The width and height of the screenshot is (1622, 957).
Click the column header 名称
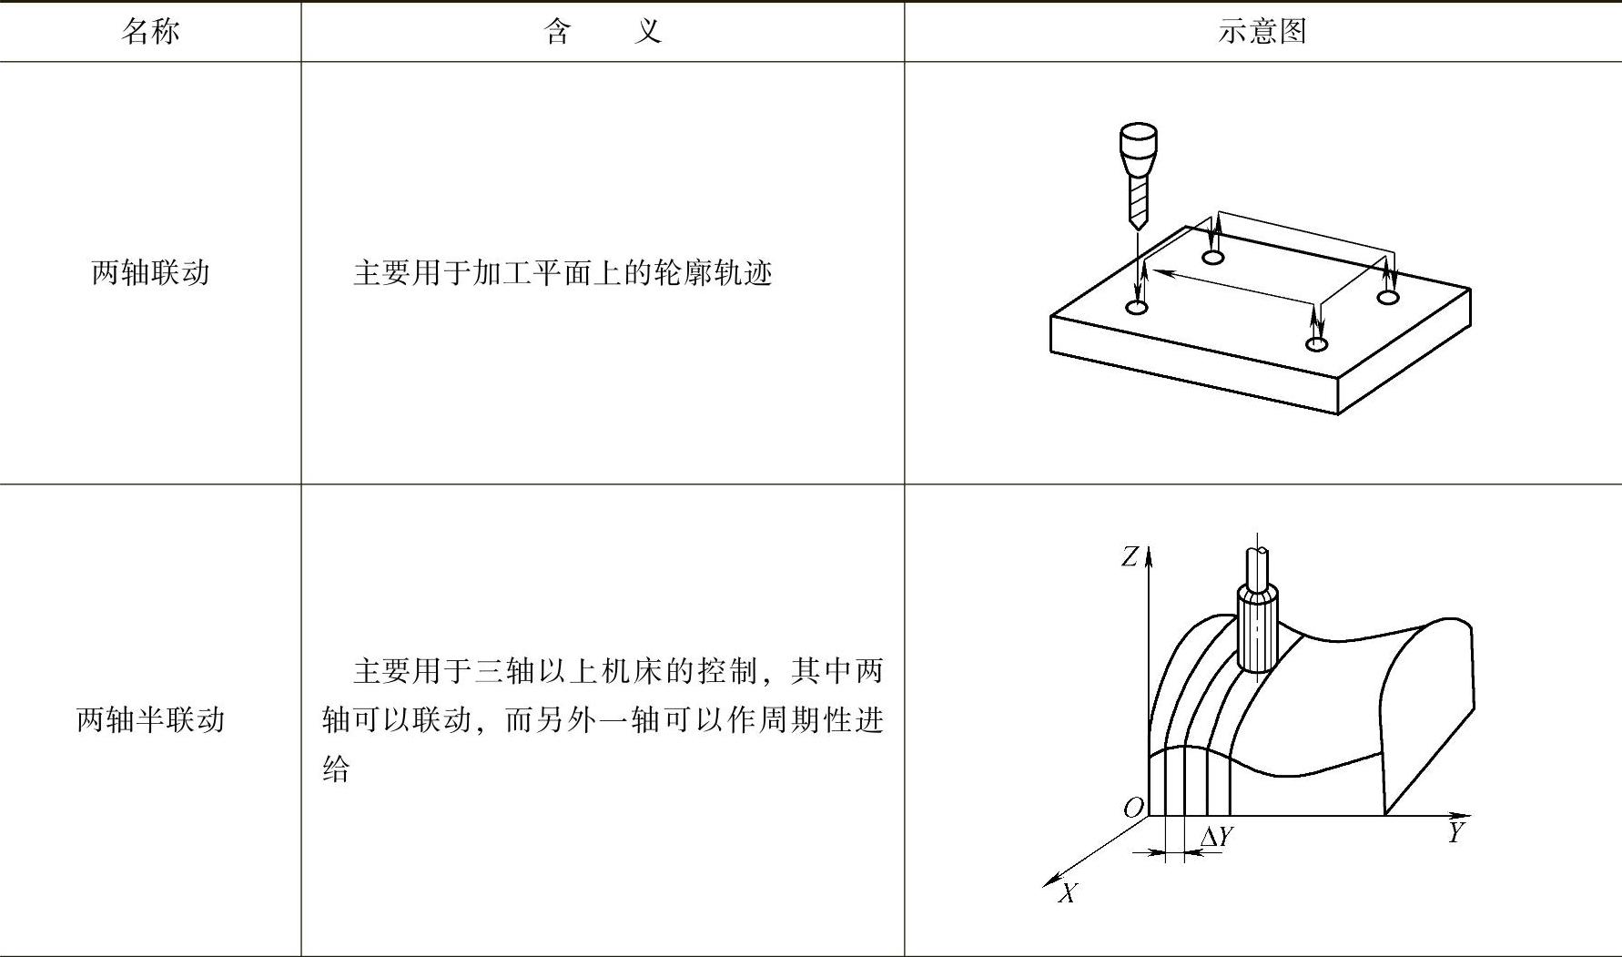point(150,32)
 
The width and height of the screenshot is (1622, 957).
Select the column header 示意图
point(1262,32)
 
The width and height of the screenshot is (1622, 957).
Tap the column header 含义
point(602,32)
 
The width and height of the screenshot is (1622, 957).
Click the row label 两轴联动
point(150,272)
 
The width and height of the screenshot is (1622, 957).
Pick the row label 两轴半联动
point(150,719)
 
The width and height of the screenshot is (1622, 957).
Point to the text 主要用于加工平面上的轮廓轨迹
point(562,272)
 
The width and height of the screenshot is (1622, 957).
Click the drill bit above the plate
point(1138,178)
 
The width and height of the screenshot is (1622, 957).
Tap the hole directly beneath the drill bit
point(1137,308)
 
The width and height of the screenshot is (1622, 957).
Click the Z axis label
point(1130,556)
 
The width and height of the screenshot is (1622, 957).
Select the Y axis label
point(1456,832)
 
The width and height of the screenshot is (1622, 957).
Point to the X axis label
point(1068,893)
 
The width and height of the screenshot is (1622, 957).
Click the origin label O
point(1133,808)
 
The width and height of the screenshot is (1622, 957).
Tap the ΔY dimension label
point(1217,836)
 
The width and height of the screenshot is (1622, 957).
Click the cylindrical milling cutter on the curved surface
point(1257,628)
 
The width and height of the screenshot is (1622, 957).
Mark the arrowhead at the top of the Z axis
point(1150,554)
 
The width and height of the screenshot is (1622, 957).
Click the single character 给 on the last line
point(336,769)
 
